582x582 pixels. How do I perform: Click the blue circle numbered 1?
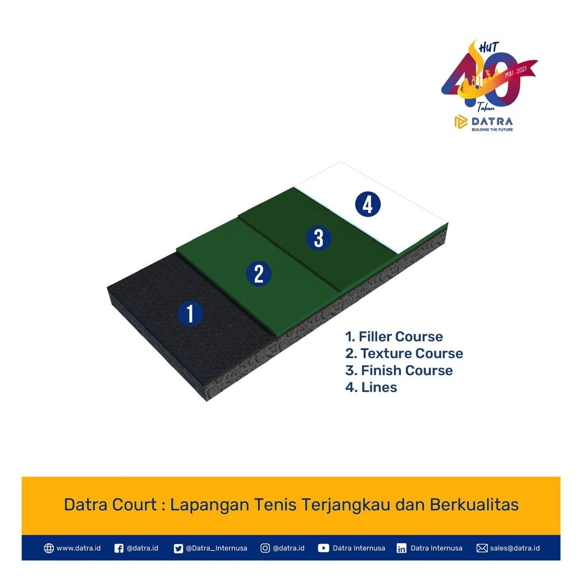pos(190,313)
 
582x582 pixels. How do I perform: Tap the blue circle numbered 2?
pos(259,274)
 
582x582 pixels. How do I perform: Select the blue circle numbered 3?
pos(318,238)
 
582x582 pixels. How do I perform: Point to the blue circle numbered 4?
pos(368,204)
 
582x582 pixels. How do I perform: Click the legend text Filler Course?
pos(401,337)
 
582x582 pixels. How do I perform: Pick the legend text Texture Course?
pos(412,354)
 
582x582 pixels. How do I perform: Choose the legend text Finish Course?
pos(407,370)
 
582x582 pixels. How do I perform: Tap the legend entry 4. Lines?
pos(371,387)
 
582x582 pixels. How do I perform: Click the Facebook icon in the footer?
pos(119,548)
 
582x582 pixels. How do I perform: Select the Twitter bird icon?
pos(178,548)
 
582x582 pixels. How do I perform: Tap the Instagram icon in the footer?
pos(265,548)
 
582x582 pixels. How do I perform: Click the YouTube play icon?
pos(323,548)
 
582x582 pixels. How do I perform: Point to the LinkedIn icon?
pos(401,548)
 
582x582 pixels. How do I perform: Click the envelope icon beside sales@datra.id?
pos(482,548)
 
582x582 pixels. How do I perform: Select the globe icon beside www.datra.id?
pos(48,548)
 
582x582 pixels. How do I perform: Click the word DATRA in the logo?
pos(492,122)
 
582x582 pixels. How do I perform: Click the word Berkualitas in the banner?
pos(474,505)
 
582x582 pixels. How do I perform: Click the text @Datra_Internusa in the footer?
pos(217,548)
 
